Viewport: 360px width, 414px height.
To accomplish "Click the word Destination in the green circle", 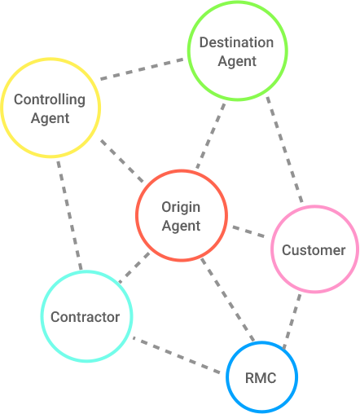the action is [236, 42].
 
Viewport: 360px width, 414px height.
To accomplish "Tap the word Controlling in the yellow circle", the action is [50, 99].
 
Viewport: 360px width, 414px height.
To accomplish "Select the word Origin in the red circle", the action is [181, 208].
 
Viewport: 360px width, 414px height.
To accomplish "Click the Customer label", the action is [314, 250].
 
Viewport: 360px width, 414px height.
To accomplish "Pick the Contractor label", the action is [86, 317].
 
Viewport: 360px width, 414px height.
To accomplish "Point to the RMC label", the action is [261, 378].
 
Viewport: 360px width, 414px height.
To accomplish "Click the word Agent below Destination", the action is [237, 61].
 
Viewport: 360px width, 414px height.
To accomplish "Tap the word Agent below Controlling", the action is [50, 118].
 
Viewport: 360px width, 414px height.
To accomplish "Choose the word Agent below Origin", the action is [181, 226].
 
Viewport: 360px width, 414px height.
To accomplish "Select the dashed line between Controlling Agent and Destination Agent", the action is [142, 68].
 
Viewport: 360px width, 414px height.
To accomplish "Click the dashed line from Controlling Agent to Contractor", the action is [69, 215].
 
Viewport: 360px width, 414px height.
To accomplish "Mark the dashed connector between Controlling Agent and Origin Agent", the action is [122, 161].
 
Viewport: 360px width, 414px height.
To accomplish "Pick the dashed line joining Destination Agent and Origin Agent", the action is [211, 136].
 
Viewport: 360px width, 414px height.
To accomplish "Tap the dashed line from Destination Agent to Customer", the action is [284, 149].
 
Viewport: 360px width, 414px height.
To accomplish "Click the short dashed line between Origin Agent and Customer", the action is [248, 231].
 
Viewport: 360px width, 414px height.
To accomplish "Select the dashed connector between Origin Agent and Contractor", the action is [134, 268].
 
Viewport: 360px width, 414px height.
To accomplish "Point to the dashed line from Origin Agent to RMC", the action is [227, 300].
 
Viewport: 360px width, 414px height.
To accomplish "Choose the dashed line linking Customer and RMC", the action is [292, 321].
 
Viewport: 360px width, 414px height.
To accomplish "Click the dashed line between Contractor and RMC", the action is [176, 355].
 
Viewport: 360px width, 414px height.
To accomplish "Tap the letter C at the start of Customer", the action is [287, 250].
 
